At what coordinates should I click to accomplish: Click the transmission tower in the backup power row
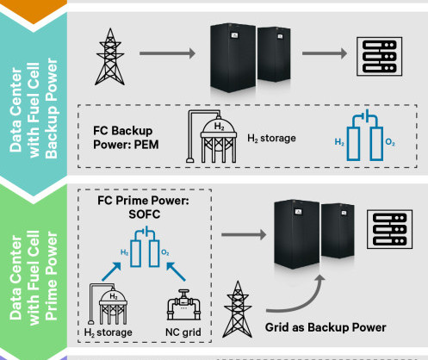click(x=110, y=57)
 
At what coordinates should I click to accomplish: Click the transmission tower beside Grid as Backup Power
click(x=238, y=309)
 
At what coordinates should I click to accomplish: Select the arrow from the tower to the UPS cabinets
click(x=167, y=53)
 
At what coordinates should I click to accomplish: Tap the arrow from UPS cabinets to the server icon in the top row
click(x=325, y=53)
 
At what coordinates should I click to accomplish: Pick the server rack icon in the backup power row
click(x=379, y=57)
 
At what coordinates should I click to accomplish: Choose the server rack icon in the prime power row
click(x=389, y=229)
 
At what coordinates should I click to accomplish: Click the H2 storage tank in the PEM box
click(x=212, y=137)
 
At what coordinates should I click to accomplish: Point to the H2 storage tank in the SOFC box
click(x=108, y=304)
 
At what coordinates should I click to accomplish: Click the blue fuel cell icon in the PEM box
click(x=365, y=135)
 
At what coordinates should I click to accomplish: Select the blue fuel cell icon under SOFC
click(x=145, y=246)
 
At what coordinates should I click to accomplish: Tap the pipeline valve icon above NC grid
click(x=183, y=305)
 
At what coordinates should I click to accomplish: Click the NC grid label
click(x=183, y=332)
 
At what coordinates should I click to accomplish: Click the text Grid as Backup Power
click(x=326, y=327)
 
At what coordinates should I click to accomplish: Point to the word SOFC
click(x=145, y=214)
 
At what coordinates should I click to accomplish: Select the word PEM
click(x=146, y=145)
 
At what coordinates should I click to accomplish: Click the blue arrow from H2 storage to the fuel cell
click(x=111, y=271)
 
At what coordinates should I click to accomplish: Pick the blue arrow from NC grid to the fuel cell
click(x=176, y=271)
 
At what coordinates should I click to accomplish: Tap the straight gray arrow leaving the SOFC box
click(x=244, y=235)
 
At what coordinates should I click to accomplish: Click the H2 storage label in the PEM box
click(x=271, y=139)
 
